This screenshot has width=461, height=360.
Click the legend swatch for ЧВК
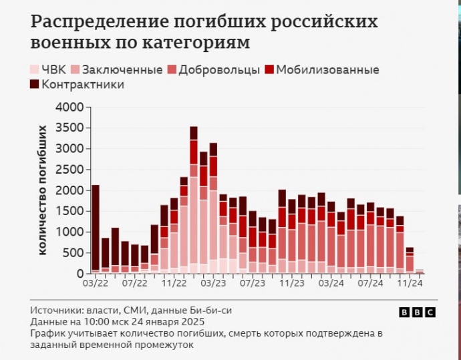point(35,70)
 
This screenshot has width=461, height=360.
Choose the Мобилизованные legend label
point(327,70)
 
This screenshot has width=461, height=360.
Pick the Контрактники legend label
point(82,85)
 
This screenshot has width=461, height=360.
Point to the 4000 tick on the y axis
point(69,107)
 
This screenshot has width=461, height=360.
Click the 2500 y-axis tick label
point(69,170)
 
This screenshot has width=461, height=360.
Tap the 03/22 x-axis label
point(96,283)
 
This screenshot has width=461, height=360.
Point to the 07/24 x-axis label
point(369,283)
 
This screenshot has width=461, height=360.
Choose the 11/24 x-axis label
point(409,283)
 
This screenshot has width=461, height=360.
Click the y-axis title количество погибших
point(43,190)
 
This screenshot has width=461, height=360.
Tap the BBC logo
point(417,313)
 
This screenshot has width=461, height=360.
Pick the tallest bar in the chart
point(194,200)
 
